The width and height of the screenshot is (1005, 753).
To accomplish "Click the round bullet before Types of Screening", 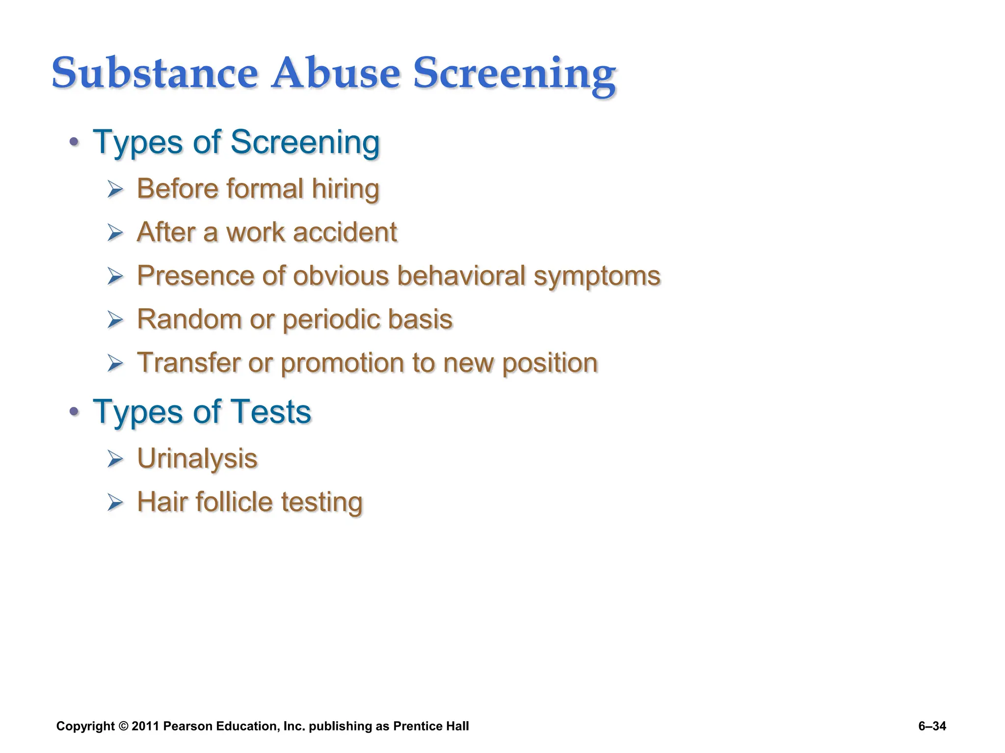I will pos(74,143).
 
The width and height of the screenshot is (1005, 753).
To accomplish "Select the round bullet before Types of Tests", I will pos(74,412).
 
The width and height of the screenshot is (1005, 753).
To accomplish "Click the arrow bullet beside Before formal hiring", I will pos(115,189).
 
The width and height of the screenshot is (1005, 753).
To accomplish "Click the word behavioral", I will pos(461,276).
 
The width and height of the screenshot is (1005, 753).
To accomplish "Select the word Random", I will pos(189,319).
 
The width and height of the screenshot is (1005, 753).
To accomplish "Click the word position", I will pos(550,363).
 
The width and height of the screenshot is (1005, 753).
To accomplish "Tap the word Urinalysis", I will pos(197,459).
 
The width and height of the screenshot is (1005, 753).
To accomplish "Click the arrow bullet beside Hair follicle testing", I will pos(115,502).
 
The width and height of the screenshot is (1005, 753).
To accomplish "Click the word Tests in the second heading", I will pos(270,411).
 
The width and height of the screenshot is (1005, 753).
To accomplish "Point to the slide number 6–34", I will pos(932,726).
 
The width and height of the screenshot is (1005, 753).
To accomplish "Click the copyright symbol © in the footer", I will pos(123,726).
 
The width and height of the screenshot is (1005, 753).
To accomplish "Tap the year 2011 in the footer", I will pos(145,726).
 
